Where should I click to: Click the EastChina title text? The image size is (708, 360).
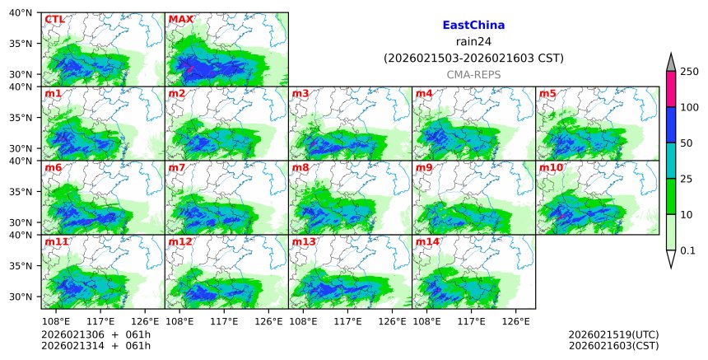click(x=473, y=26)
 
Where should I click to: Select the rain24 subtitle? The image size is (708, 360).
click(x=473, y=42)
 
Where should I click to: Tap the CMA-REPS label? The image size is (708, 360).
click(x=473, y=74)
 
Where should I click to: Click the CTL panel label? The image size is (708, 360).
click(x=54, y=19)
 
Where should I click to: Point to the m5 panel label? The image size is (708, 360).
click(x=547, y=93)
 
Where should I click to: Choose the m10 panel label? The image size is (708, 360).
click(x=551, y=167)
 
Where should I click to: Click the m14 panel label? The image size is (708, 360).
click(x=427, y=241)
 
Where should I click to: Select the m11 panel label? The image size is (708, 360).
click(x=57, y=241)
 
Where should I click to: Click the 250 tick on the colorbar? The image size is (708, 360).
click(x=689, y=72)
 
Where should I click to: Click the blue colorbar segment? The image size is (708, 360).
click(x=670, y=124)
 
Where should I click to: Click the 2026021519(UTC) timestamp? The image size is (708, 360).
click(x=613, y=334)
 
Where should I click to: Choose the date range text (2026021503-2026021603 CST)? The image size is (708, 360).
click(x=473, y=58)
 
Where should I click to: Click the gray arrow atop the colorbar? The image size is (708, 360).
click(x=670, y=63)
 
